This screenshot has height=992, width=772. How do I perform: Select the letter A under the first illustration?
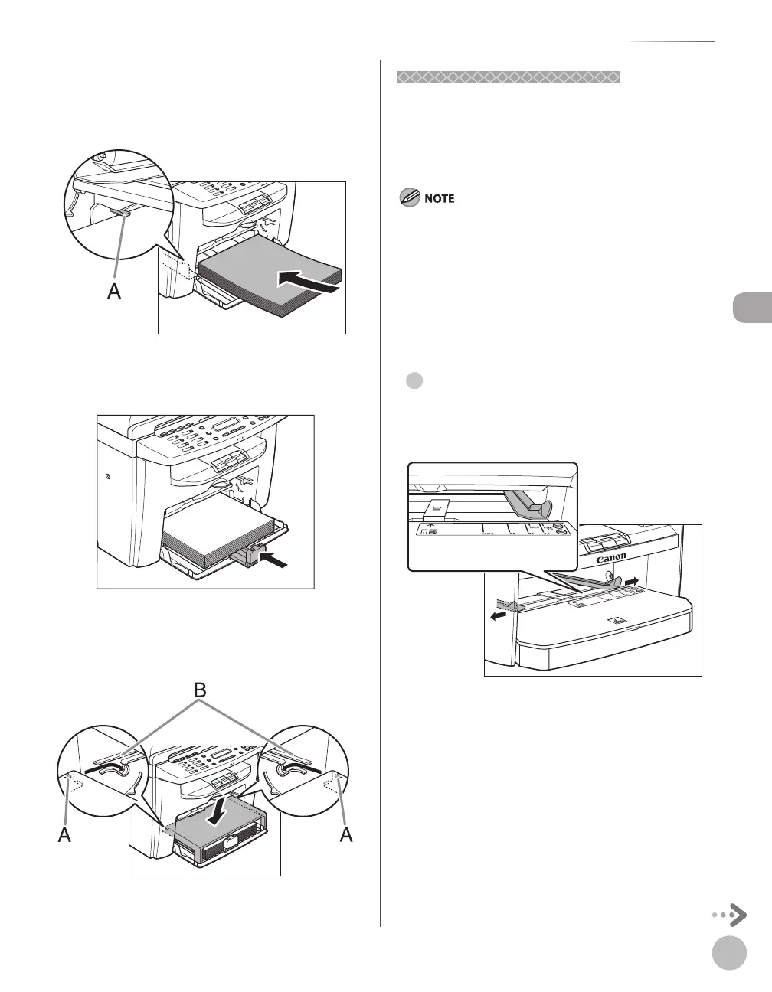click(114, 291)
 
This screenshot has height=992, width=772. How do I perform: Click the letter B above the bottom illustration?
click(200, 691)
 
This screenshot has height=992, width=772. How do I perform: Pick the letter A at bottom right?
click(346, 837)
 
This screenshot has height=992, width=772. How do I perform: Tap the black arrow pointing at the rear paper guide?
click(276, 561)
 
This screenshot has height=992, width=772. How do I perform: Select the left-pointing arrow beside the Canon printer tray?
click(499, 615)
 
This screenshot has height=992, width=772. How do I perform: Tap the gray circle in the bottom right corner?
click(729, 954)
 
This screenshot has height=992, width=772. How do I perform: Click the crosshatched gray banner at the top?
click(509, 77)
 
